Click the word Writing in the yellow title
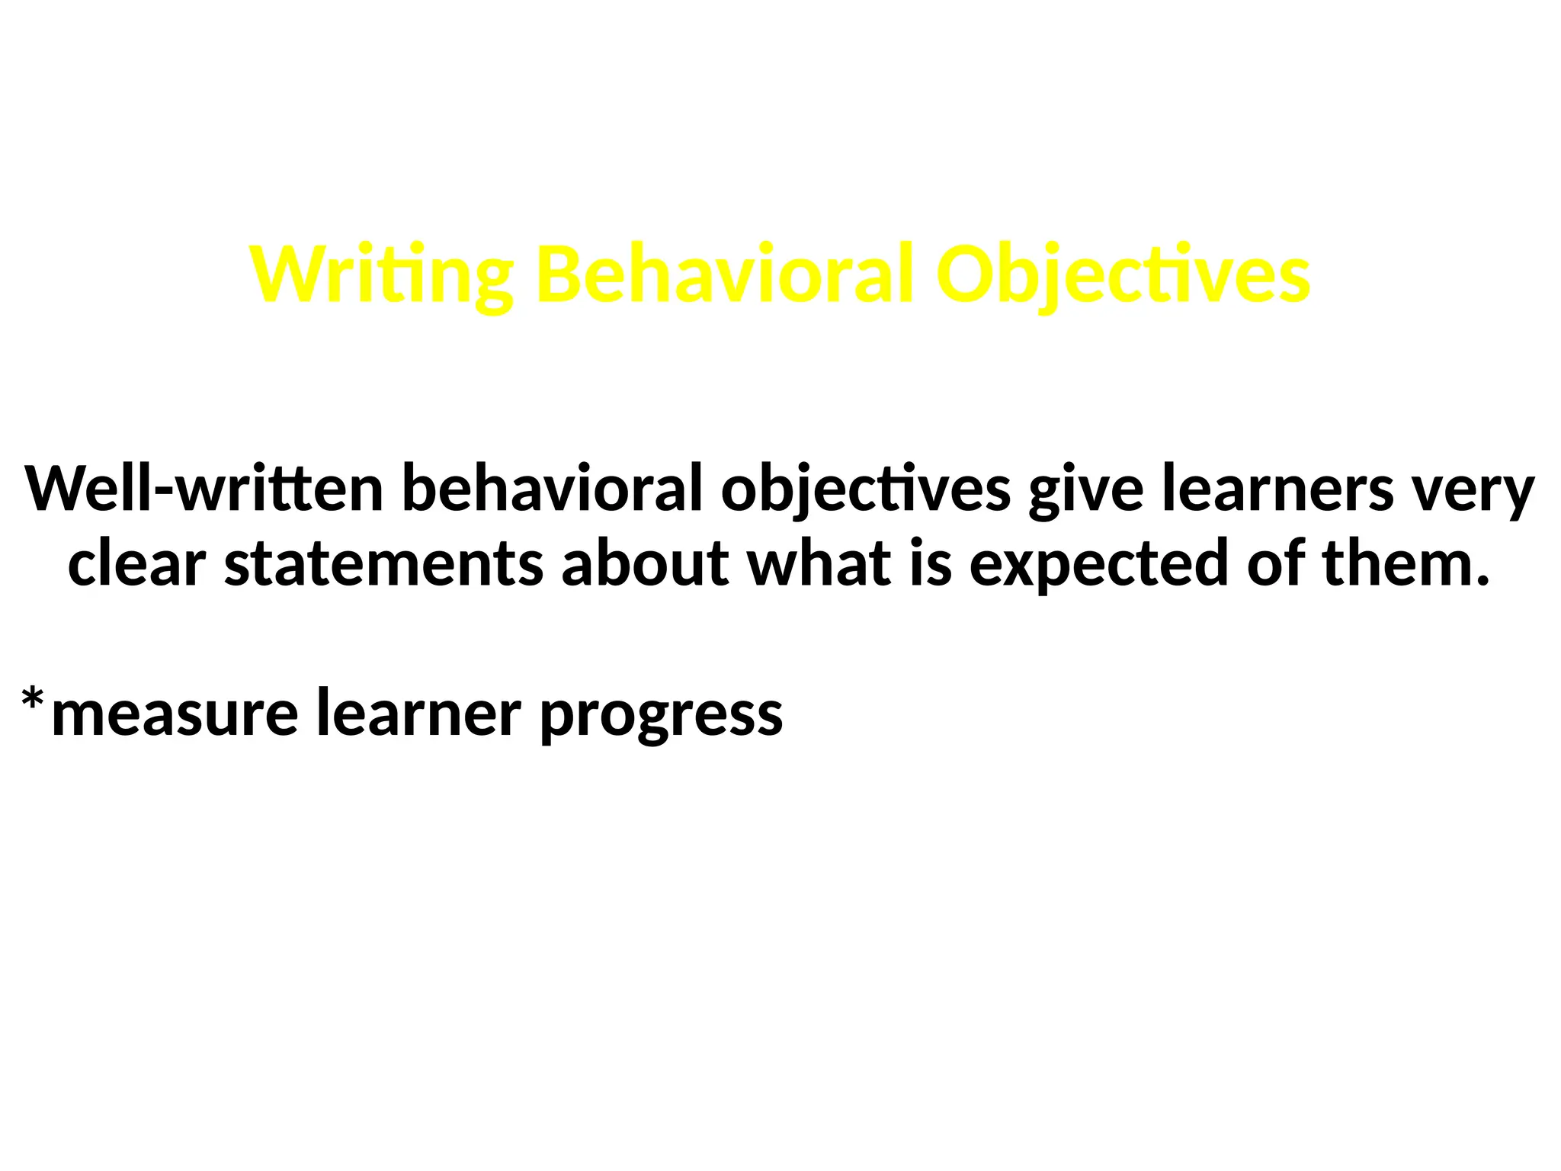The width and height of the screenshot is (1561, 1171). click(x=381, y=274)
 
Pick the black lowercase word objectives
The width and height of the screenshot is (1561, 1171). click(x=866, y=489)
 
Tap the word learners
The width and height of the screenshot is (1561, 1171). click(x=1277, y=489)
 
